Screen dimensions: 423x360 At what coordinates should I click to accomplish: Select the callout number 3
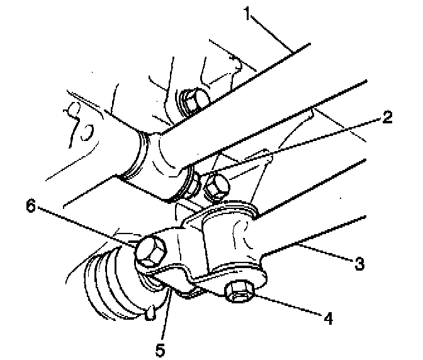click(359, 262)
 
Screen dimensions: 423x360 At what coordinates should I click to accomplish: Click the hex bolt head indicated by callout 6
click(151, 252)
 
